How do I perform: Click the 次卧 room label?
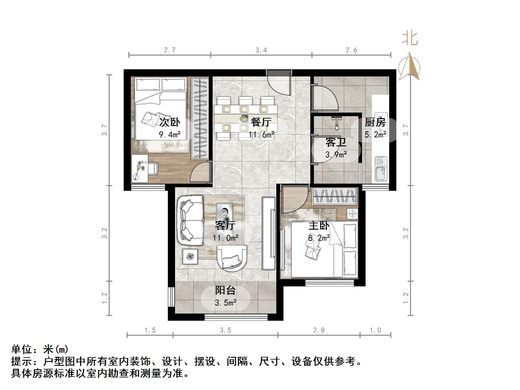169,122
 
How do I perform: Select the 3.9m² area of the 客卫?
336,155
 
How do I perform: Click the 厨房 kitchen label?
375,122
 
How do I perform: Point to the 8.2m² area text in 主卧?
319,238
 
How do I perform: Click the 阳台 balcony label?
226,290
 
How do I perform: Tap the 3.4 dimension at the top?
261,50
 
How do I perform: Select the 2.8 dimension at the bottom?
319,330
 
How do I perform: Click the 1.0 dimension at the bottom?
375,330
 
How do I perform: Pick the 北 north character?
409,39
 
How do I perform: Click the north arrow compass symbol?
409,67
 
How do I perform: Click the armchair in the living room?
232,258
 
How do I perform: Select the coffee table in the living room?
224,212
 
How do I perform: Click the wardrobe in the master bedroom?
335,197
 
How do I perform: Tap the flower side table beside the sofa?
190,256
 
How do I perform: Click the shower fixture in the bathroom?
337,122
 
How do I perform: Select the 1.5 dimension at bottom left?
150,330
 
